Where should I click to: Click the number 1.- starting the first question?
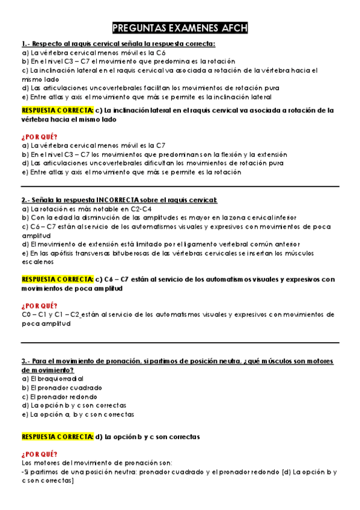click(25, 44)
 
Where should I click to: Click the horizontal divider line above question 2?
click(180, 186)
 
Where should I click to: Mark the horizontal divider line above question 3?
click(180, 342)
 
